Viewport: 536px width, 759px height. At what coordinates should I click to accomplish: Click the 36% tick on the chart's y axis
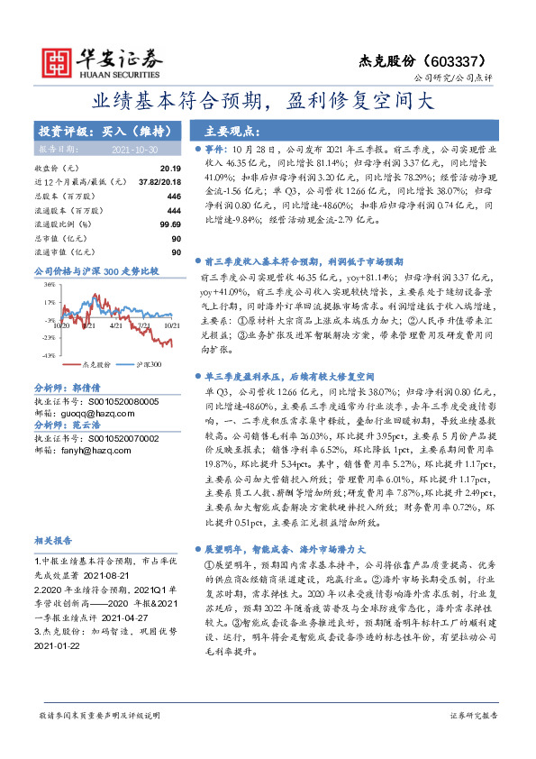click(49, 284)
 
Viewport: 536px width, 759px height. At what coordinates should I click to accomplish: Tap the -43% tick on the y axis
click(48, 356)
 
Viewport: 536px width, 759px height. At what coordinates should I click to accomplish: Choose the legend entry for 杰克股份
click(96, 365)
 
